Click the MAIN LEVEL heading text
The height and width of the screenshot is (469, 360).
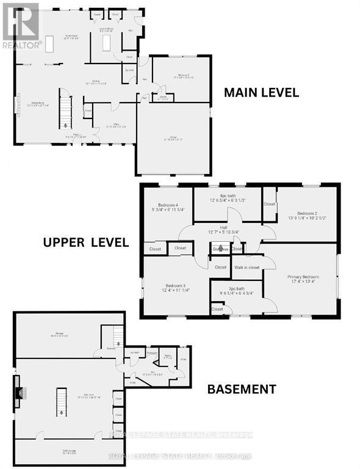(x=261, y=93)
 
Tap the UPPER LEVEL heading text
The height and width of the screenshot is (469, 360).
(x=85, y=242)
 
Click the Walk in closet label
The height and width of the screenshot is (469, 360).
(x=247, y=267)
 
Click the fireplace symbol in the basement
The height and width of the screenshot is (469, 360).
(x=20, y=393)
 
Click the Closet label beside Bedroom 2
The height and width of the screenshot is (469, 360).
(x=270, y=204)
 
